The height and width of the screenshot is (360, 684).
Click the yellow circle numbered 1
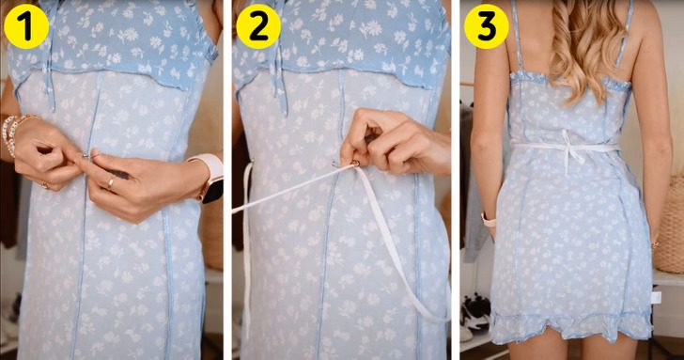click(26, 26)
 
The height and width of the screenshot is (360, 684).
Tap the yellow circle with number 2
click(257, 26)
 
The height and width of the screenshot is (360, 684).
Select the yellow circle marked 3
click(487, 26)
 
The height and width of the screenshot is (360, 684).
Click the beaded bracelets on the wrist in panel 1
click(12, 133)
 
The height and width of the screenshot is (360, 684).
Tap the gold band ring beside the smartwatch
click(111, 182)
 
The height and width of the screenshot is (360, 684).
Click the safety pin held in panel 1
click(86, 155)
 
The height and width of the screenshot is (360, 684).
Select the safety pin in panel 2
click(346, 164)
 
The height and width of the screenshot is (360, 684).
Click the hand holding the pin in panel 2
click(393, 142)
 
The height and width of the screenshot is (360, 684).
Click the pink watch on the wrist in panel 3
click(489, 220)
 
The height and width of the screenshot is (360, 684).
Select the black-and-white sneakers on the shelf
click(475, 311)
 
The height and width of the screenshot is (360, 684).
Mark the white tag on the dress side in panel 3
click(656, 298)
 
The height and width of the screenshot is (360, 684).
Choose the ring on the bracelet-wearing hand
click(45, 185)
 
